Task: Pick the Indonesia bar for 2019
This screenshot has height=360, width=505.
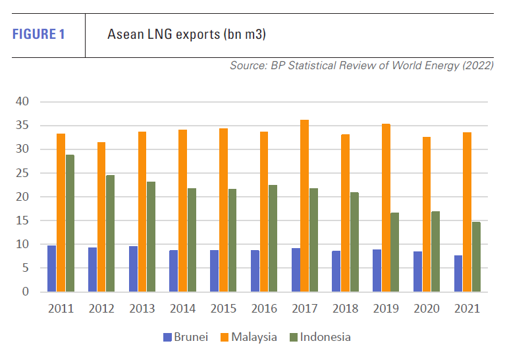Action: pos(394,251)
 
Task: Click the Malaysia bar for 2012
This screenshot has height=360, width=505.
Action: pos(101,217)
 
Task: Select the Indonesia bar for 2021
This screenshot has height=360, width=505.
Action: pos(476,257)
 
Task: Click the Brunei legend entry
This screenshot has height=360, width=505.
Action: pos(186,337)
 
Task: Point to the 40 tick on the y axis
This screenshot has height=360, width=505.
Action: pos(22,102)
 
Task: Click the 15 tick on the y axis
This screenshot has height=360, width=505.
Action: pos(22,220)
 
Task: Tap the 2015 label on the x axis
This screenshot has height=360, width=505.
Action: pos(223,309)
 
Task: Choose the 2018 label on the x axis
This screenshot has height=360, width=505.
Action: pos(345,309)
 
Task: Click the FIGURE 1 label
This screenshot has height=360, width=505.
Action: pos(38,34)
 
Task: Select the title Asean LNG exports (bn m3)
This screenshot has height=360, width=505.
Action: pos(186,34)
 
